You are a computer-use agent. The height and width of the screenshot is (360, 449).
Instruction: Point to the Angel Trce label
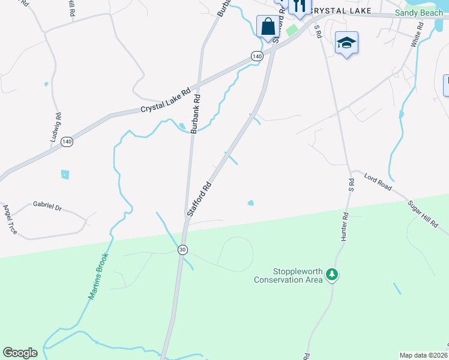pos(10,218)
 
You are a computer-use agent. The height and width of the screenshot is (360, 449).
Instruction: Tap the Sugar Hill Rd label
pos(424,214)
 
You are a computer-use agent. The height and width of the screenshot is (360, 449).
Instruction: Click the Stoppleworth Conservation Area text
pos(286,275)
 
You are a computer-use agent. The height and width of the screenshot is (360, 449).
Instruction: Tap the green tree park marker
pos(332,275)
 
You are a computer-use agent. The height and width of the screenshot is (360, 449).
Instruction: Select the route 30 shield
pos(181,249)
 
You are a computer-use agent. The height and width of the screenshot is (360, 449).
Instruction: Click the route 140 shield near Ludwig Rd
pos(67,142)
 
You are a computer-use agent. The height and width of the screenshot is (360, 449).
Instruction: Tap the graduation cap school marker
pos(346,43)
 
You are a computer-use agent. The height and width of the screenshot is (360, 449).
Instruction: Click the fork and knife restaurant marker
pos(298,7)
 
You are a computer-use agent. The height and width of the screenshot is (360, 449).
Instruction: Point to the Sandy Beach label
pos(418,13)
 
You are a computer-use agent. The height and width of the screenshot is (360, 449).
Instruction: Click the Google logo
pos(20,353)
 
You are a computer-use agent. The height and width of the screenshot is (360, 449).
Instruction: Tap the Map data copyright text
pos(424,355)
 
